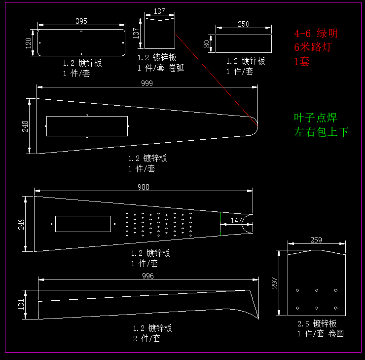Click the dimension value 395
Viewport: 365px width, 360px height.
click(x=81, y=21)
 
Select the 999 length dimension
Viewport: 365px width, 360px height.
click(x=146, y=83)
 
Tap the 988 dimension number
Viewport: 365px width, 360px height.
click(x=143, y=187)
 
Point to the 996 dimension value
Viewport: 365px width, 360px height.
click(x=147, y=276)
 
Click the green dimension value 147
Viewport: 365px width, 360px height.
click(x=237, y=220)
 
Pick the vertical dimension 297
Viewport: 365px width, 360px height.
click(x=275, y=282)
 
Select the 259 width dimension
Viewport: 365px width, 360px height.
click(x=316, y=240)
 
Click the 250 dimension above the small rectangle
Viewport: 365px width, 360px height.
click(x=244, y=24)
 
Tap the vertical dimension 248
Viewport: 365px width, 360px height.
click(x=25, y=126)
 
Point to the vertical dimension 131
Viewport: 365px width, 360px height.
click(x=22, y=305)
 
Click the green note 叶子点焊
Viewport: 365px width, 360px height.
click(x=316, y=118)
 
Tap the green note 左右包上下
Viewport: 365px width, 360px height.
click(x=321, y=132)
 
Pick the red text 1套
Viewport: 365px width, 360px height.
click(x=302, y=62)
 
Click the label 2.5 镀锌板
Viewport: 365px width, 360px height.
click(x=317, y=324)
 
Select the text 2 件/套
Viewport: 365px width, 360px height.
click(x=147, y=339)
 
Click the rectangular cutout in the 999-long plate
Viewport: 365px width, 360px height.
click(x=87, y=126)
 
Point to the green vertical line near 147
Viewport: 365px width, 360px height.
click(x=220, y=223)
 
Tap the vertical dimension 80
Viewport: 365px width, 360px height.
click(x=207, y=43)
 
